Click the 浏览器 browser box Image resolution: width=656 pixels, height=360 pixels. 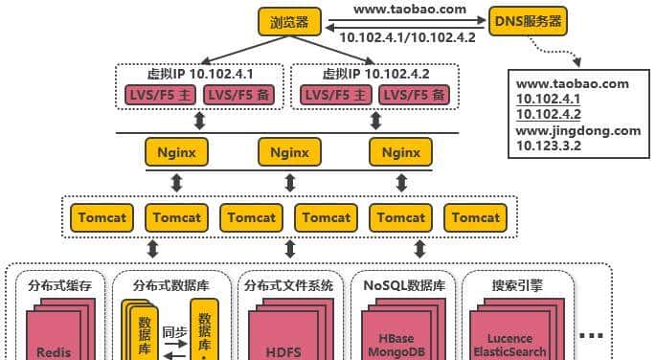coord(289,21)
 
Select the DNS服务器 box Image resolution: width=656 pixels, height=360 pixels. coord(526,21)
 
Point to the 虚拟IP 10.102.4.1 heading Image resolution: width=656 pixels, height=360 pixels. coord(200,74)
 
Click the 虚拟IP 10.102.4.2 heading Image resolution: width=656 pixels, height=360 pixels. coord(374,74)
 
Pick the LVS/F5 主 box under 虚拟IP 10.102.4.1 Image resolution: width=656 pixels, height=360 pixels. coord(159,95)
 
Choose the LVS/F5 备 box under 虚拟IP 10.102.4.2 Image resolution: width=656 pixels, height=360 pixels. coord(412,95)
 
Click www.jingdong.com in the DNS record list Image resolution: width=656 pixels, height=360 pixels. coord(578,130)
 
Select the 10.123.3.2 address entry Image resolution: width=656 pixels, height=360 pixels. coord(549,146)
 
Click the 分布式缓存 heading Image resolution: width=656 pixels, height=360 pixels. coord(60,284)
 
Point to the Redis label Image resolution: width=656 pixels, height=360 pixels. coord(54,351)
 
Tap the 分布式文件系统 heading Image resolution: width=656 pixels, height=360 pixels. coord(288,284)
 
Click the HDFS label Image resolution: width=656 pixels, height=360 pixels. coord(283,351)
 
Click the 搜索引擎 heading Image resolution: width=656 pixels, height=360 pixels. coord(516,284)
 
